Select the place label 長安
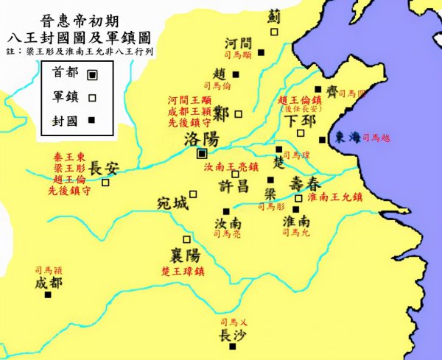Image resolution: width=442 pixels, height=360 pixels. tap(103, 166)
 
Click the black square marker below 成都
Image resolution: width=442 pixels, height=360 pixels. tap(49, 294)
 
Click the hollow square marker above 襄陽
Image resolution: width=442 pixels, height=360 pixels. tap(186, 239)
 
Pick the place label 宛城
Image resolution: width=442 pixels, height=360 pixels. tap(172, 202)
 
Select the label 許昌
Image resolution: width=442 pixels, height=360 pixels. tap(235, 187)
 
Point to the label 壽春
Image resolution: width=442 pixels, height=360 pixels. tap(305, 182)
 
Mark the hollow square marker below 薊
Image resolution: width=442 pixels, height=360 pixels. tap(274, 32)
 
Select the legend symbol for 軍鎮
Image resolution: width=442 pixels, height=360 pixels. tap(91, 96)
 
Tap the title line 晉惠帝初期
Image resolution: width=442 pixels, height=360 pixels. tap(78, 17)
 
